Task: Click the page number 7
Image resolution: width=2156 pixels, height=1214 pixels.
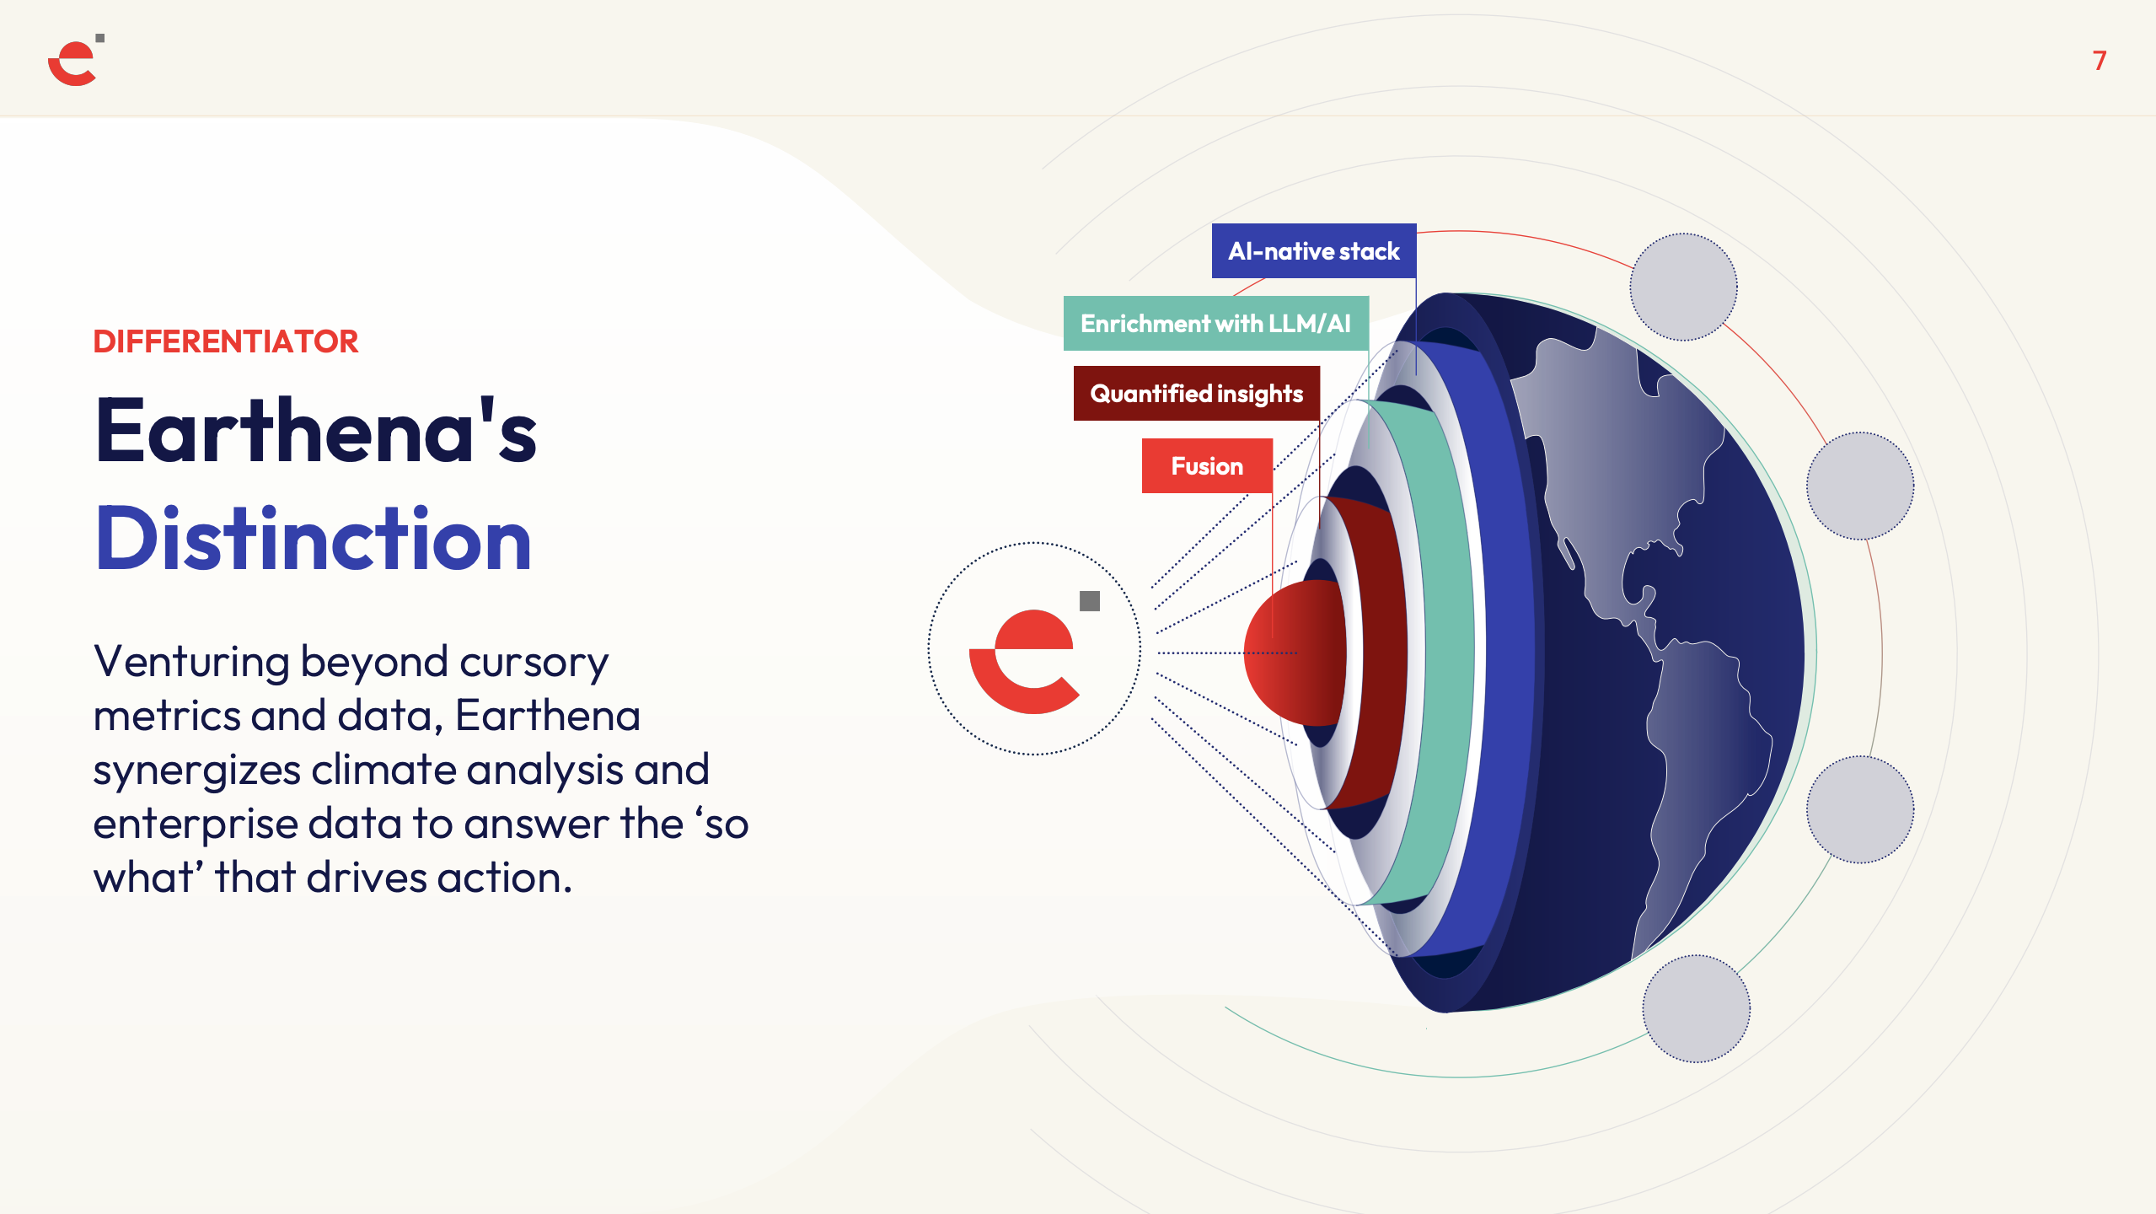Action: pos(2099,61)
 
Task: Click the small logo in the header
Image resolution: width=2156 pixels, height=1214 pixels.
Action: pos(76,60)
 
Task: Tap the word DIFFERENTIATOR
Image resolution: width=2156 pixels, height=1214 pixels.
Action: pos(226,341)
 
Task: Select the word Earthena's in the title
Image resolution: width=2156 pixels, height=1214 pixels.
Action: pos(316,431)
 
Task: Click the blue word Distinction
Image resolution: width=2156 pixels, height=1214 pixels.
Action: pos(314,539)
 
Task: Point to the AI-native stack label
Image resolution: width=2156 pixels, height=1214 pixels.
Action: pos(1314,251)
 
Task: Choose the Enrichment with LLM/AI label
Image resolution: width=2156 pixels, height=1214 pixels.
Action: pos(1215,324)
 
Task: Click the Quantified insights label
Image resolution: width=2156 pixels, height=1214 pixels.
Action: pos(1197,394)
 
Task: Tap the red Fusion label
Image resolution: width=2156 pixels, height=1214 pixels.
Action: pos(1207,466)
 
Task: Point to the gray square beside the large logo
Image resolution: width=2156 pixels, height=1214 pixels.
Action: pos(1090,601)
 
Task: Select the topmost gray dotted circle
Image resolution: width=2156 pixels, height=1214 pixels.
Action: pos(1683,287)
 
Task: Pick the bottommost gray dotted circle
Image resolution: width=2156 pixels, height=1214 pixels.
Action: pos(1697,1008)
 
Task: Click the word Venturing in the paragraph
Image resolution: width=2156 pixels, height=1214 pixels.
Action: pos(191,662)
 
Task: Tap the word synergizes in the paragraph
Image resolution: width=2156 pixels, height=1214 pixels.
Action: pos(197,771)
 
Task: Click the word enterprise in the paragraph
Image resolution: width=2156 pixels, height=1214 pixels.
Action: pos(196,825)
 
